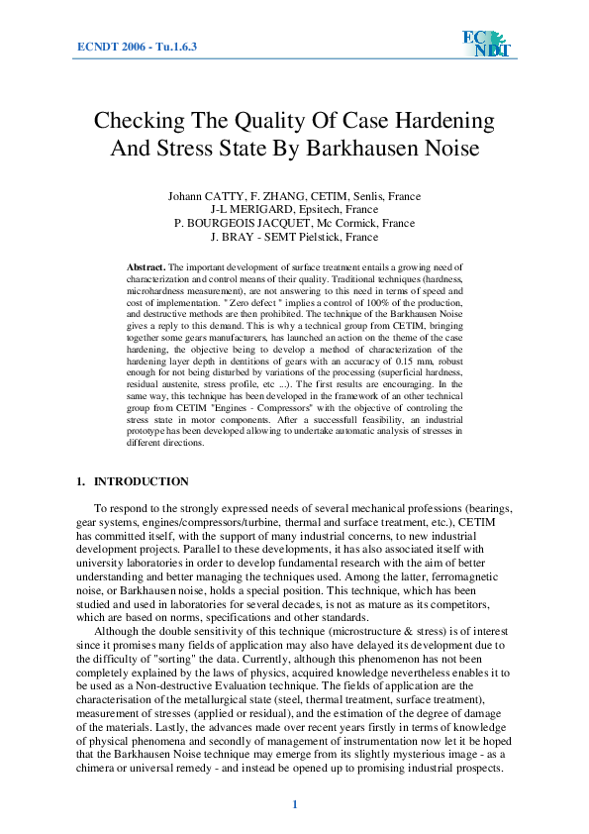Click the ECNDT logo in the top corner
(485, 43)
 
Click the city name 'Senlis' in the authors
(364, 197)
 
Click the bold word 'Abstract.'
(147, 268)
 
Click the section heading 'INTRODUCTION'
(141, 482)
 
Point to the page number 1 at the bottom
(294, 803)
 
